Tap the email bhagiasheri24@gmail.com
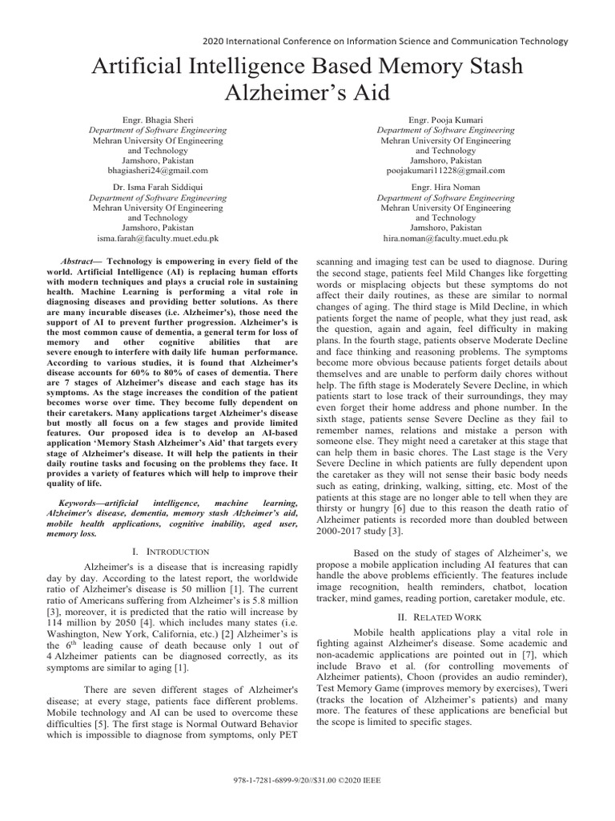157,170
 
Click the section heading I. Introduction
171,552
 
